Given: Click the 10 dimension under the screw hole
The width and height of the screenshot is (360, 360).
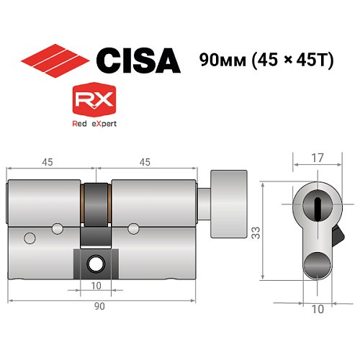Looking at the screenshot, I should tap(95, 286).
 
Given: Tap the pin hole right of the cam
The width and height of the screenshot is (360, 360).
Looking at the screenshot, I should tap(132, 229).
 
